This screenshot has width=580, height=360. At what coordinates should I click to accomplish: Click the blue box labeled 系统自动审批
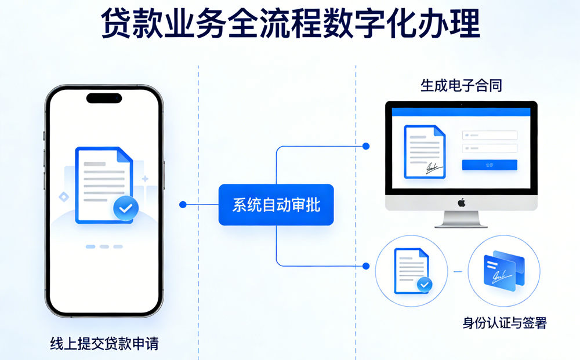tap(276, 205)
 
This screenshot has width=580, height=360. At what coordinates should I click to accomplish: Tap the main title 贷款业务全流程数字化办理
tap(290, 23)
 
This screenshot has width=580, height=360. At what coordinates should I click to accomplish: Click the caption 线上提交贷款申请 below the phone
tap(104, 343)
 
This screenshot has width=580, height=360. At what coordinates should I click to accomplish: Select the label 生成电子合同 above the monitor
tap(461, 86)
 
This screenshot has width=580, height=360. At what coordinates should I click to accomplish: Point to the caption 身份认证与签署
tap(504, 323)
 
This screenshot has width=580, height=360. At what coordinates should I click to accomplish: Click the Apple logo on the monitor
tap(462, 202)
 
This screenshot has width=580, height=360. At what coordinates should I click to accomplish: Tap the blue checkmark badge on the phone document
tap(125, 208)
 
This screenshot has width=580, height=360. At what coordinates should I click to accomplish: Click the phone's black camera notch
tap(104, 98)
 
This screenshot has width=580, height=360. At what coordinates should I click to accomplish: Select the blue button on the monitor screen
tap(489, 165)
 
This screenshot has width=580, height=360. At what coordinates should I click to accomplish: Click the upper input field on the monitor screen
tap(489, 135)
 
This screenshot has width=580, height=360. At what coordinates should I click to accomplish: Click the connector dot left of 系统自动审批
tap(183, 205)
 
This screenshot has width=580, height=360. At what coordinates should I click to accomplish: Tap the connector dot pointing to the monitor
tap(365, 146)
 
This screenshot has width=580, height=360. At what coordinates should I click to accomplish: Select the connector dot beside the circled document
tap(365, 266)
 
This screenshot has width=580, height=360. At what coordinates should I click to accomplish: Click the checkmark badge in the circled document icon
tap(425, 285)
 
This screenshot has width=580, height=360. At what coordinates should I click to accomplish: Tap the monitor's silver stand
tap(462, 219)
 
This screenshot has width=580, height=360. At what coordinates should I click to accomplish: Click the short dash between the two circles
tap(458, 271)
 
